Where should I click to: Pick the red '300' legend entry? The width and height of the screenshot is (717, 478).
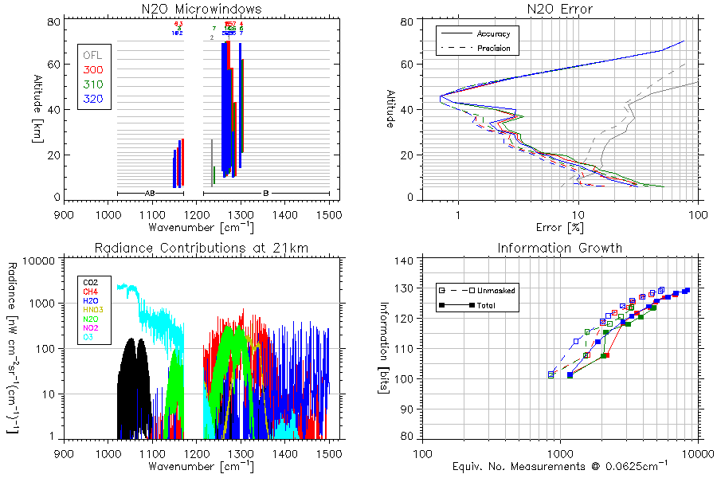(x=92, y=70)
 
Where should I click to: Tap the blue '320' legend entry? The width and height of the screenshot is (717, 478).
(x=92, y=99)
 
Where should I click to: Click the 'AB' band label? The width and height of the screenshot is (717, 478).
(x=150, y=194)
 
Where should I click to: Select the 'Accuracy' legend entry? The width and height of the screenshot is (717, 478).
(x=493, y=34)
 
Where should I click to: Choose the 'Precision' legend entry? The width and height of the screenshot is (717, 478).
(x=493, y=49)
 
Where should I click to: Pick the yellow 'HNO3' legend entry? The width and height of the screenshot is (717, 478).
(x=96, y=308)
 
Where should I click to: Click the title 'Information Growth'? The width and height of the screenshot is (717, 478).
(x=560, y=248)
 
